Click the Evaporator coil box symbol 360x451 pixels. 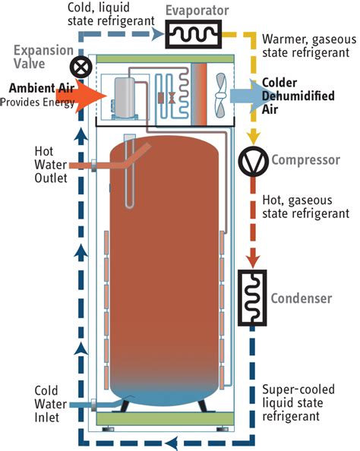(x=194, y=33)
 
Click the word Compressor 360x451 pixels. (x=300, y=161)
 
